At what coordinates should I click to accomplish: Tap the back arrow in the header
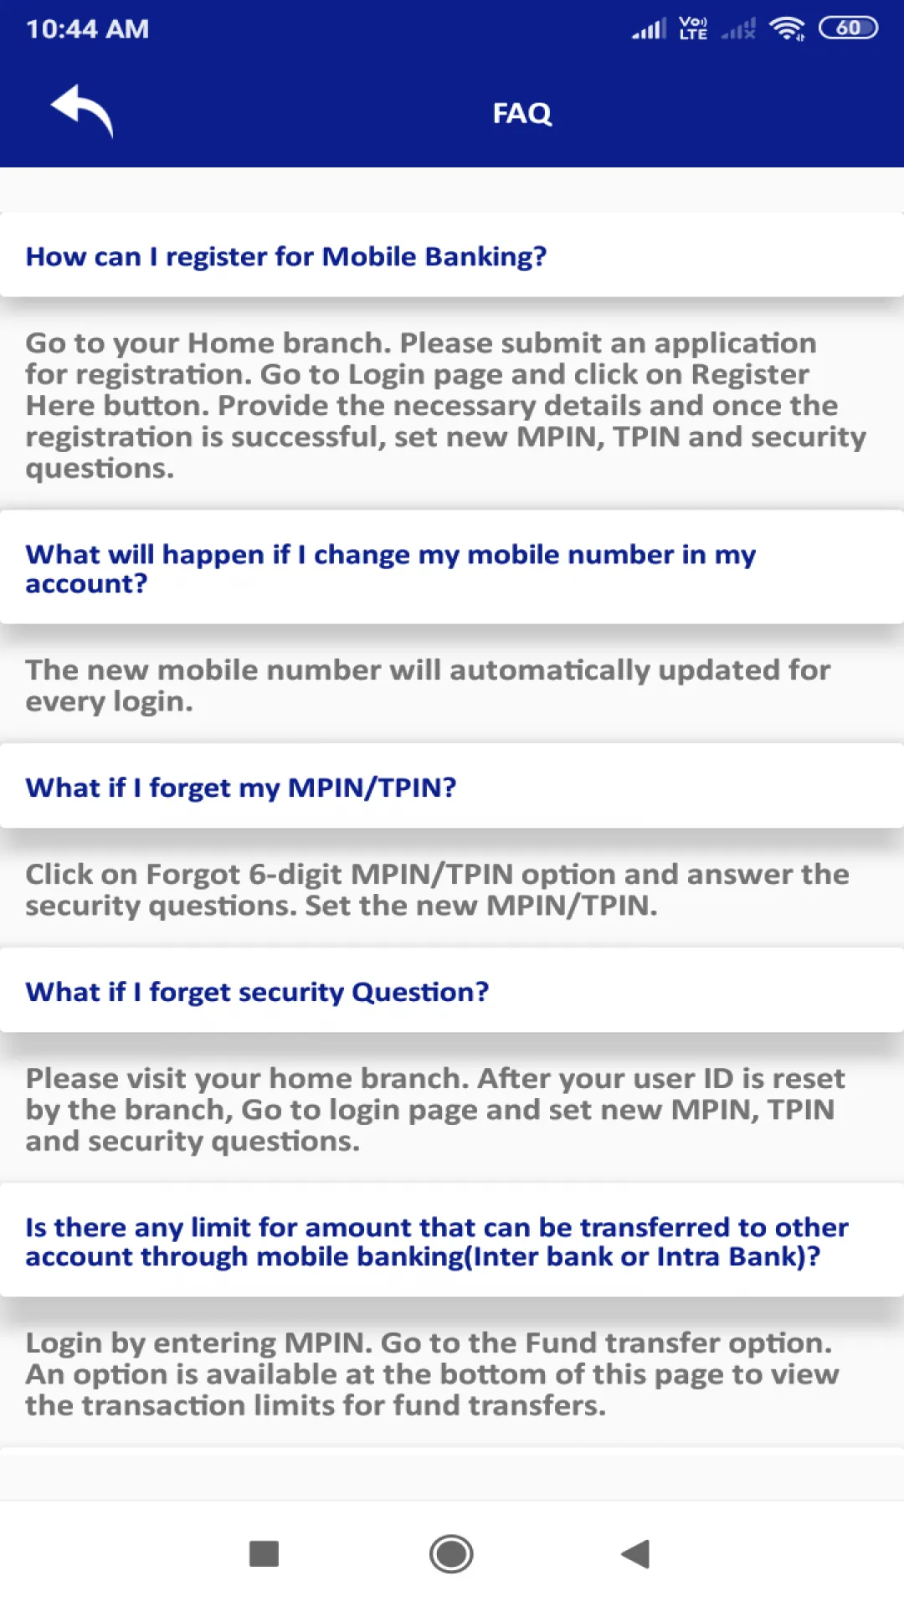tap(82, 110)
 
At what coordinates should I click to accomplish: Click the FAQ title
tap(521, 113)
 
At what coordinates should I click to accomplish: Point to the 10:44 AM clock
tap(87, 29)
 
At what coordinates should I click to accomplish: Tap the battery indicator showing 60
tap(847, 28)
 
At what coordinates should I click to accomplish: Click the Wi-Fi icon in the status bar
tap(787, 29)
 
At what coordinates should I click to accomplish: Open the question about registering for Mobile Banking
tap(285, 256)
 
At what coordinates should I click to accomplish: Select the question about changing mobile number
tap(390, 568)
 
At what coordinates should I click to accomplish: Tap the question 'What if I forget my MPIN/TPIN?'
tap(241, 788)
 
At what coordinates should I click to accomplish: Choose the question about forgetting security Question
tap(257, 992)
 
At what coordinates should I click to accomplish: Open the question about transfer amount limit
tap(436, 1241)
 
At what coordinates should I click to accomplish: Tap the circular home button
tap(451, 1554)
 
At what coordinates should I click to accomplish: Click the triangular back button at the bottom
tap(636, 1554)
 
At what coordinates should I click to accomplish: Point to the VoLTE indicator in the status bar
tap(693, 29)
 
